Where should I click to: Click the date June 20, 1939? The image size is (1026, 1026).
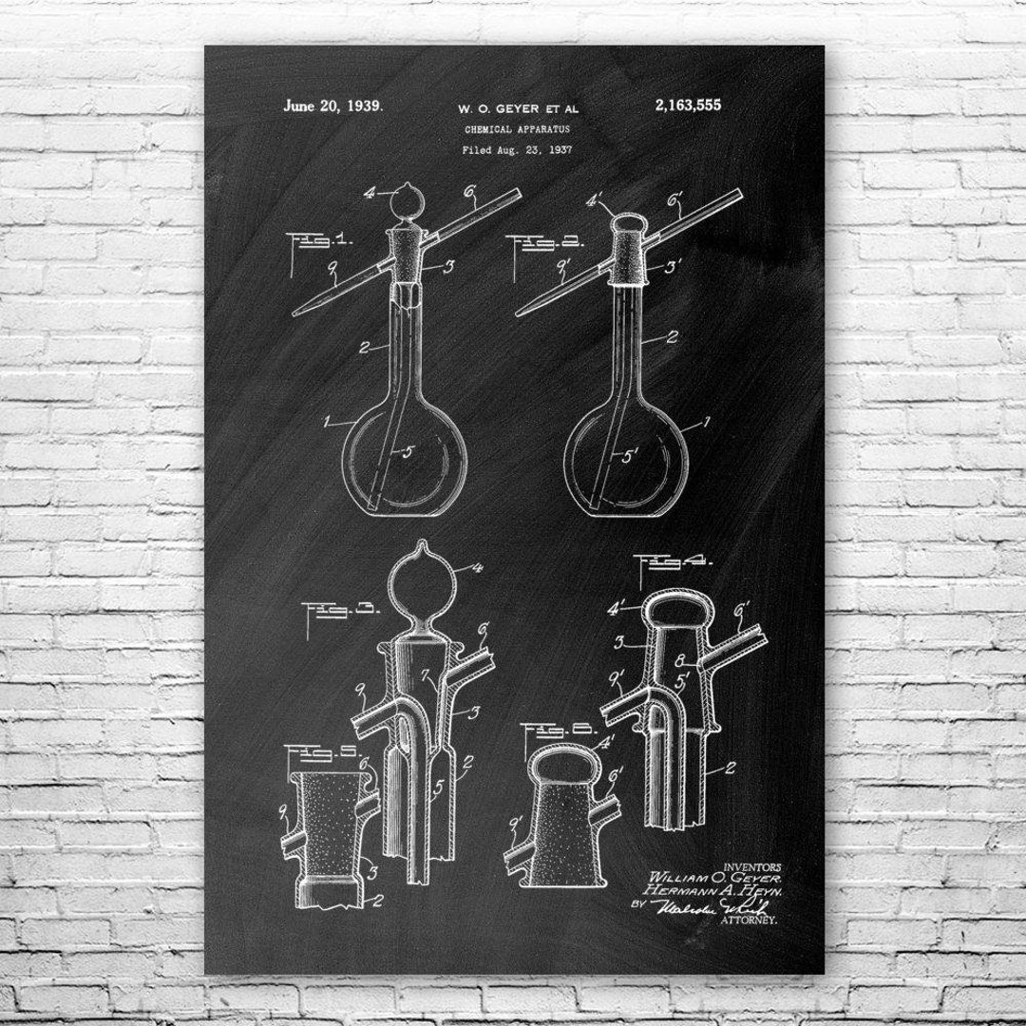(x=333, y=105)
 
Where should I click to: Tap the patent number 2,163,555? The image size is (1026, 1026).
(x=687, y=105)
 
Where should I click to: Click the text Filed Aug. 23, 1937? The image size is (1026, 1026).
(x=511, y=149)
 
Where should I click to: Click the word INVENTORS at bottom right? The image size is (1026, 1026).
(x=751, y=865)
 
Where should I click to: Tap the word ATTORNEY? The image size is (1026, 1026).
(x=750, y=920)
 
